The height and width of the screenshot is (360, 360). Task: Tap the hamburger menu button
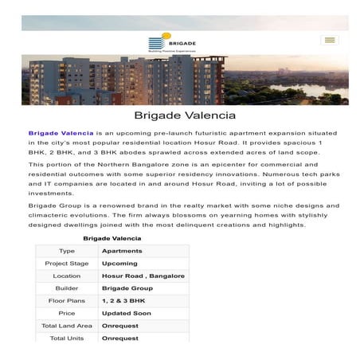pos(329,40)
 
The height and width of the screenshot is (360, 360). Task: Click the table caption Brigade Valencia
pos(112,237)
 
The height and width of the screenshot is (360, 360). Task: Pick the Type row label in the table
pos(67,250)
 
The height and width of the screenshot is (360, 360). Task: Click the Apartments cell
pos(121,250)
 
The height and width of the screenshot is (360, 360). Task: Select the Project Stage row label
pos(67,263)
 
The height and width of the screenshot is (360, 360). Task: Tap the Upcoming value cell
pos(119,263)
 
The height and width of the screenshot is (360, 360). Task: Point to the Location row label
pos(67,276)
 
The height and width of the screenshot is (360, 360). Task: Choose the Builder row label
pos(67,288)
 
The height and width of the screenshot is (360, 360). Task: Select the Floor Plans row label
pos(67,301)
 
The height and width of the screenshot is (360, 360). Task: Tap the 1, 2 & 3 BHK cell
pos(125,301)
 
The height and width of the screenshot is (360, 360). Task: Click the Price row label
pos(67,314)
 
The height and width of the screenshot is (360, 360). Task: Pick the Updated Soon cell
pos(126,314)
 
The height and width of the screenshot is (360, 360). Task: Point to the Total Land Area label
pos(67,326)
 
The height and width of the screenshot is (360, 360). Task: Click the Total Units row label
pos(67,338)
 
